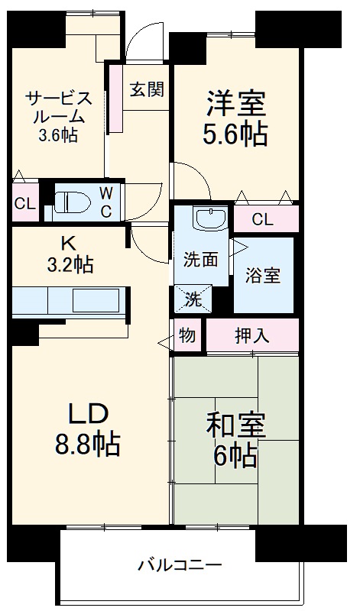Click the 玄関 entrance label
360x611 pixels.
click(145, 89)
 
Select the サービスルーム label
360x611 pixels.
click(59, 108)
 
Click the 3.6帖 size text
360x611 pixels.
click(58, 135)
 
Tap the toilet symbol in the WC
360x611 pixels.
click(72, 201)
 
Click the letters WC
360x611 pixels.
click(106, 200)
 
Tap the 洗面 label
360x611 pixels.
click(200, 260)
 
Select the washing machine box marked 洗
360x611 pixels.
click(195, 299)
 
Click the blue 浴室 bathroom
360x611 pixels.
click(262, 276)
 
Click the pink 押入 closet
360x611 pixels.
click(251, 335)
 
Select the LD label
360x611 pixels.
click(89, 413)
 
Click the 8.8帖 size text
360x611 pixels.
click(89, 444)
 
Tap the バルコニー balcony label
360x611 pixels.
click(180, 566)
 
